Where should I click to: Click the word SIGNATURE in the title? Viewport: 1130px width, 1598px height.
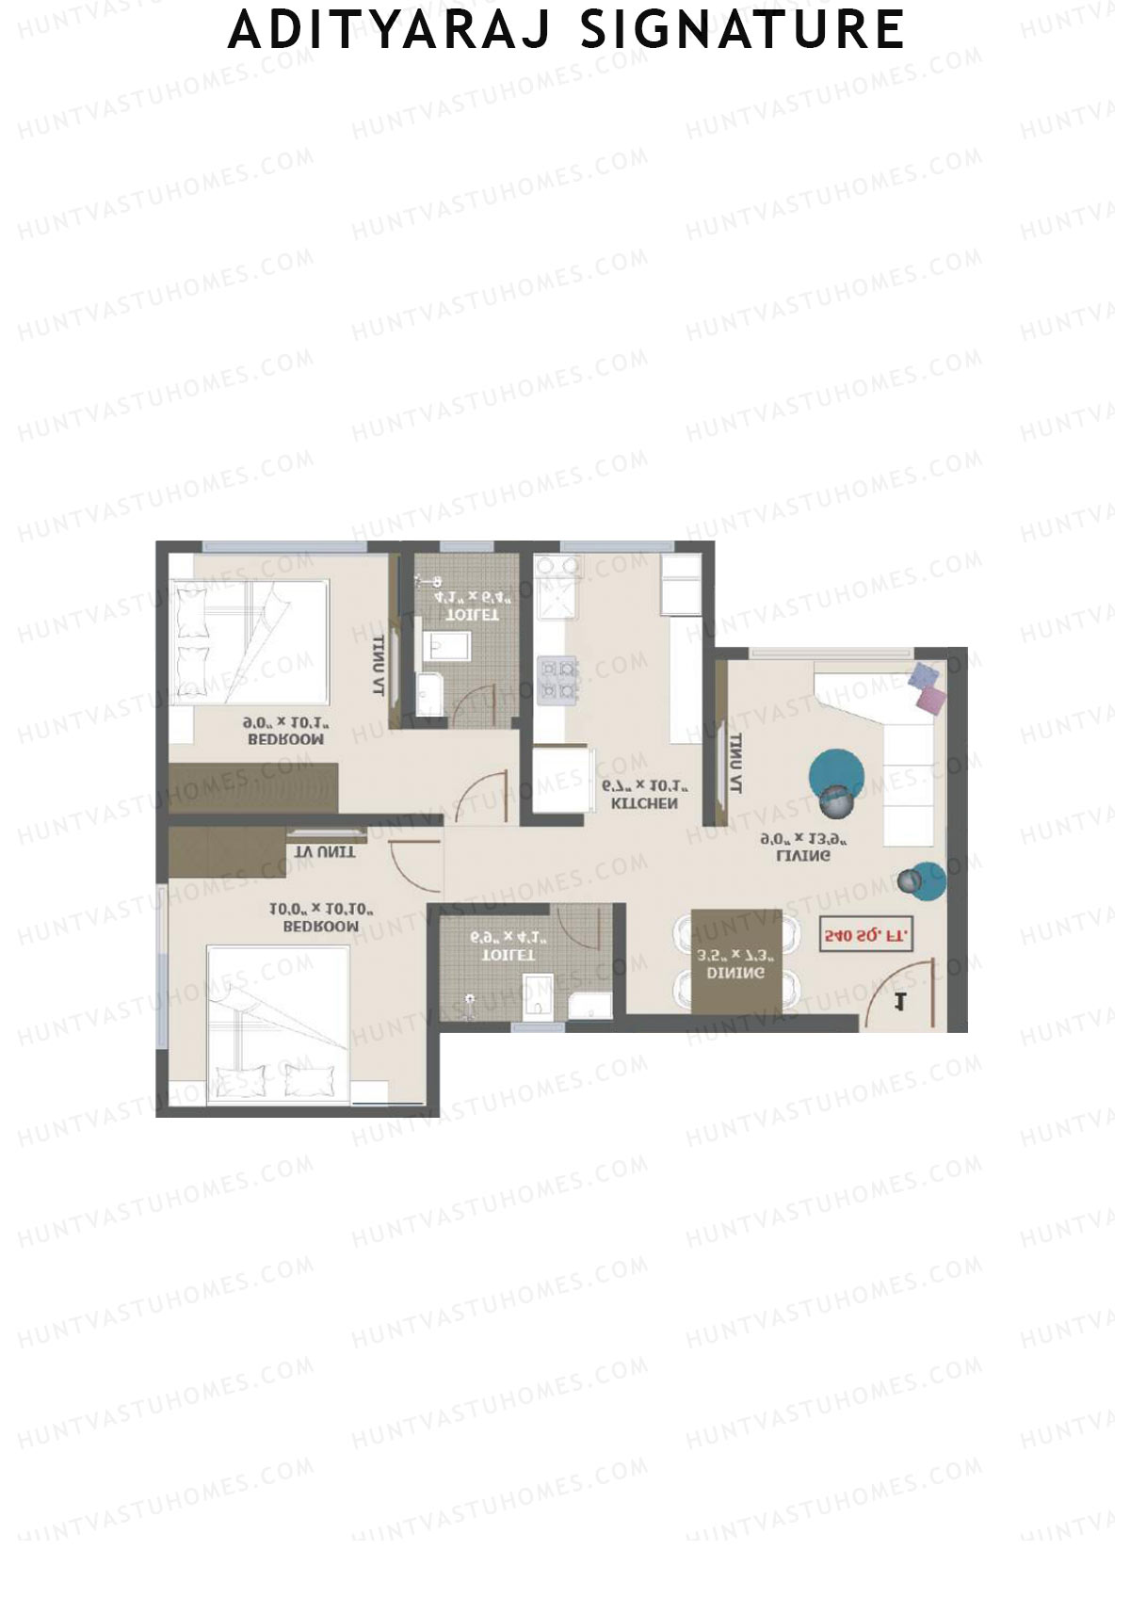tap(742, 30)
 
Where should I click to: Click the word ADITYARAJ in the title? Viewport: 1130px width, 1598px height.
tap(390, 30)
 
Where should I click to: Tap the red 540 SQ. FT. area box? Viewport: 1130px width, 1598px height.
tap(866, 936)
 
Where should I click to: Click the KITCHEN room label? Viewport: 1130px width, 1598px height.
tap(644, 803)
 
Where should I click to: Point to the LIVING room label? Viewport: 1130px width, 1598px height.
tap(802, 856)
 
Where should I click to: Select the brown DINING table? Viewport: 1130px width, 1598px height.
tap(735, 961)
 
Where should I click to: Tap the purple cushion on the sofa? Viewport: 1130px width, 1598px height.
tap(924, 675)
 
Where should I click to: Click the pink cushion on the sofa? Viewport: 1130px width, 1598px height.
tap(932, 700)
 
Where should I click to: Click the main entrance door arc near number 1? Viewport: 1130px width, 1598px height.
tap(904, 989)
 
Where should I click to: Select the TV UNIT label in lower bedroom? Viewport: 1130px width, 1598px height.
tap(325, 851)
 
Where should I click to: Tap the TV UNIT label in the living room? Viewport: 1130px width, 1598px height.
tap(735, 763)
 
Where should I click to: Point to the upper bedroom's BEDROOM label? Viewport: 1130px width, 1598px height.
tap(286, 739)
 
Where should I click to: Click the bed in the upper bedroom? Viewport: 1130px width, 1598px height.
tap(250, 640)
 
